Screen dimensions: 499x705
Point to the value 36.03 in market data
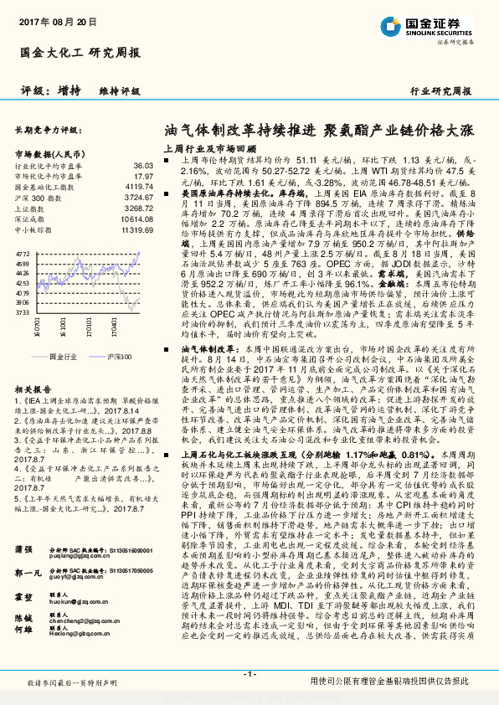pyautogui.click(x=143, y=167)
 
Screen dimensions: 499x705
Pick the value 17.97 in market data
pyautogui.click(x=143, y=177)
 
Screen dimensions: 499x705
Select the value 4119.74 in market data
pyautogui.click(x=139, y=188)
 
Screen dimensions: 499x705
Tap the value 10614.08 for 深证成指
pyautogui.click(x=137, y=219)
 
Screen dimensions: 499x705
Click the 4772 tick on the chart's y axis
pyautogui.click(x=23, y=251)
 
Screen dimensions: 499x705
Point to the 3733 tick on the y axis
pyautogui.click(x=23, y=311)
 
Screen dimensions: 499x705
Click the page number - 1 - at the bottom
pyautogui.click(x=249, y=674)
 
